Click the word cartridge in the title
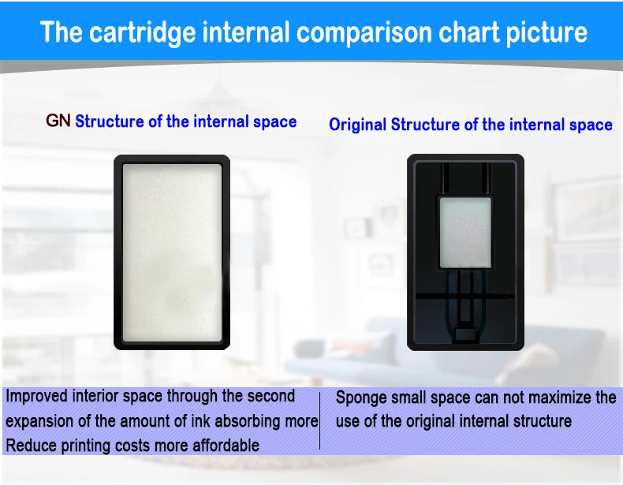click(x=142, y=32)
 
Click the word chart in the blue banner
click(x=469, y=32)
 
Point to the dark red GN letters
click(x=58, y=121)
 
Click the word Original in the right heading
click(x=357, y=125)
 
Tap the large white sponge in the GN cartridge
click(x=172, y=252)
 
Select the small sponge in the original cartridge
click(x=465, y=233)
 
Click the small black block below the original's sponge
click(x=465, y=334)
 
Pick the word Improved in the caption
click(x=36, y=397)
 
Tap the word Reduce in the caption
click(x=31, y=446)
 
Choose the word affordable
click(x=226, y=446)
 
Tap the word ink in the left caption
click(x=200, y=421)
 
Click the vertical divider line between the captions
click(x=320, y=420)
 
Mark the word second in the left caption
click(x=270, y=397)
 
